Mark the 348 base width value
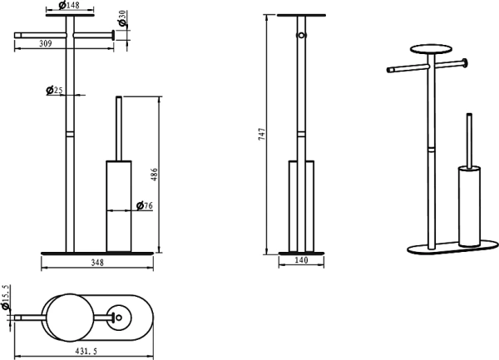[97, 263]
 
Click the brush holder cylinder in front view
[118, 204]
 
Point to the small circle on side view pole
[303, 37]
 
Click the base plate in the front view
[97, 250]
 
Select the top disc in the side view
[299, 15]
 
